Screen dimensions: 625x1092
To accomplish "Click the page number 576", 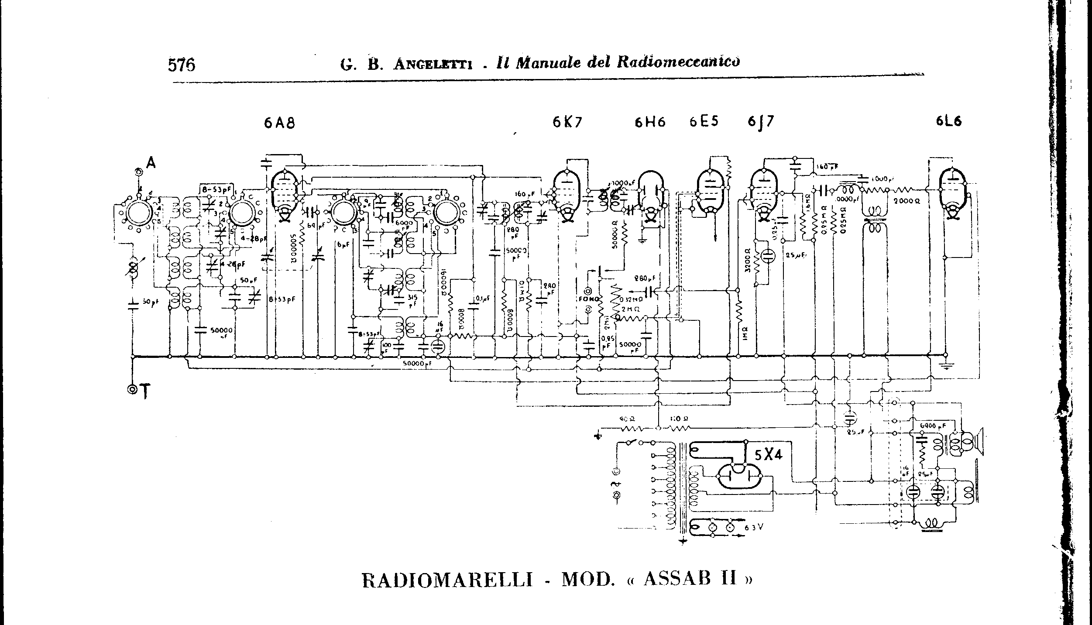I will click(182, 65).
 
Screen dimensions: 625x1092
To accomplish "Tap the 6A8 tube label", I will click(279, 124).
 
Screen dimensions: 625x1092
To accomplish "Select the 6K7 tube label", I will click(567, 123).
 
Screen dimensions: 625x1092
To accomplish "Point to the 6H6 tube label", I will click(650, 123).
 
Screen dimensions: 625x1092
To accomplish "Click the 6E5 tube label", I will click(704, 121).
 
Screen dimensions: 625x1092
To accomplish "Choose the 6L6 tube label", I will click(948, 121).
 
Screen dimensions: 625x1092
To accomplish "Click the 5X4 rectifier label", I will click(769, 455).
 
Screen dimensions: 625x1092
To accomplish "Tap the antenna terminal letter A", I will click(151, 163).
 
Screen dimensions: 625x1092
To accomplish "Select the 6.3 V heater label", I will click(754, 527).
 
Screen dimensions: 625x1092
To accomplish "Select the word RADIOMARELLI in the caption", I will click(447, 580).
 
